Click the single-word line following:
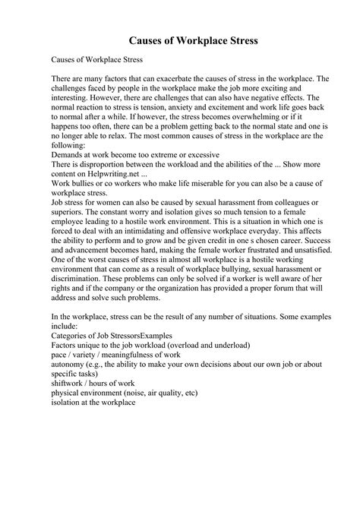pos(68,147)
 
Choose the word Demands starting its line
pos(70,157)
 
